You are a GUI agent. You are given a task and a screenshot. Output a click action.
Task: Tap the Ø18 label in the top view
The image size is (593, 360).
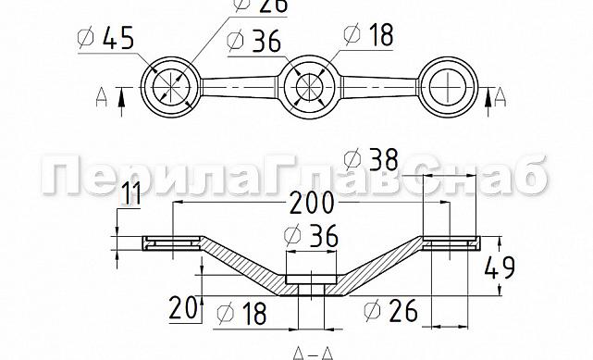click(368, 35)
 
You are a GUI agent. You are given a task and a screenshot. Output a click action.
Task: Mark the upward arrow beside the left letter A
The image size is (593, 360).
click(121, 97)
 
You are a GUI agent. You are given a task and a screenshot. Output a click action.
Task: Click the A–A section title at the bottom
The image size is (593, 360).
click(312, 353)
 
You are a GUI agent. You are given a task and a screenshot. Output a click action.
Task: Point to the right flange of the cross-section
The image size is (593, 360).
click(451, 243)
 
